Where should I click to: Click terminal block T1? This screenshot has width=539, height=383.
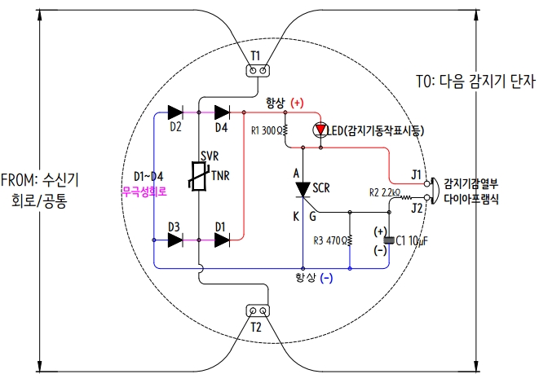tap(257, 70)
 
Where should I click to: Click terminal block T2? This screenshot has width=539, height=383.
tap(257, 311)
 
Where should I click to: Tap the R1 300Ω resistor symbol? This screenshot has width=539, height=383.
tap(285, 130)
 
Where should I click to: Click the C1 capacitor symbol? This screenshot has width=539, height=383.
tap(388, 240)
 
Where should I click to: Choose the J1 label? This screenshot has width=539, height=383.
tap(417, 174)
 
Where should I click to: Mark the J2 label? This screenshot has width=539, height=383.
tap(417, 207)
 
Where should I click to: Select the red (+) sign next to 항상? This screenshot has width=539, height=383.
tap(295, 103)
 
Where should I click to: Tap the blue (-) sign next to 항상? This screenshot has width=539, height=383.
tap(325, 278)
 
